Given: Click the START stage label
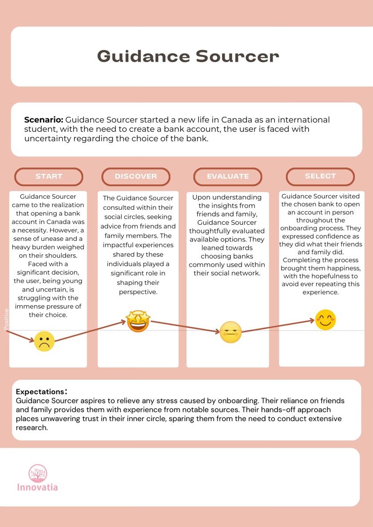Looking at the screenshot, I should (x=49, y=177).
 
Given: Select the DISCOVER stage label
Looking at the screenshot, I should (x=136, y=177).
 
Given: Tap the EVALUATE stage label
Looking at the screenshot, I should (x=228, y=177).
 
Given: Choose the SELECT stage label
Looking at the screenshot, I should (x=320, y=176).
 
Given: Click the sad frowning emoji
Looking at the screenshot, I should (x=44, y=342).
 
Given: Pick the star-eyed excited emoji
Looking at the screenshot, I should (x=138, y=321).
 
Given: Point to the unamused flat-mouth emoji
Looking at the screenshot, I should (x=230, y=332).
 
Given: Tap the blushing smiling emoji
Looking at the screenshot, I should (x=325, y=320).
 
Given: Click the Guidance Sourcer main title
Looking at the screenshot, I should (x=188, y=56).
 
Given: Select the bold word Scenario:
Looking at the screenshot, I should (x=44, y=120).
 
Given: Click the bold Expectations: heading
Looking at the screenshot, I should (x=41, y=392).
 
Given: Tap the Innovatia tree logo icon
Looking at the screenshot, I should (x=37, y=473).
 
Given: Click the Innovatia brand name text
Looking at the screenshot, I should (x=37, y=487).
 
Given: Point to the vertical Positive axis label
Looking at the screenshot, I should (x=6, y=319).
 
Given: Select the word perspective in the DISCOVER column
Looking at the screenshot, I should (x=138, y=292).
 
